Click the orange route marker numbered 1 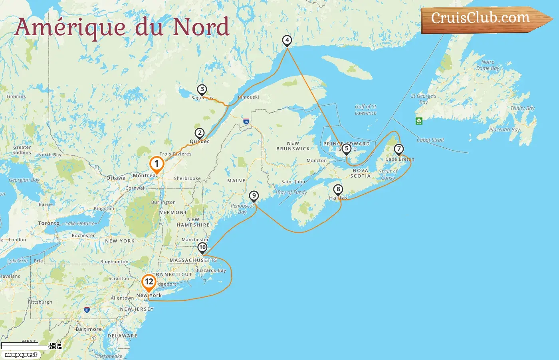tap(157, 164)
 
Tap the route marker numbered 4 tap(287, 40)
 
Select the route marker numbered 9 tap(254, 196)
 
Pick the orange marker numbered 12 tap(149, 282)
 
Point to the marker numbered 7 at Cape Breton tap(399, 149)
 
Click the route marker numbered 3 tap(202, 90)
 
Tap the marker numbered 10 tap(202, 247)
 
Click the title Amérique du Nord tap(122, 27)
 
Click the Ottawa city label tap(116, 178)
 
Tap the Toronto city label tap(49, 223)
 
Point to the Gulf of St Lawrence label tap(366, 110)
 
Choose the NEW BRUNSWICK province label tap(293, 146)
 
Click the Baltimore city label tap(89, 329)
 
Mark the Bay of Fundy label tap(292, 192)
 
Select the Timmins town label tap(16, 96)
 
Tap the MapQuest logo tap(21, 355)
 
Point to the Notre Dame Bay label tap(488, 65)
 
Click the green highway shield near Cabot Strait tap(419, 121)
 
